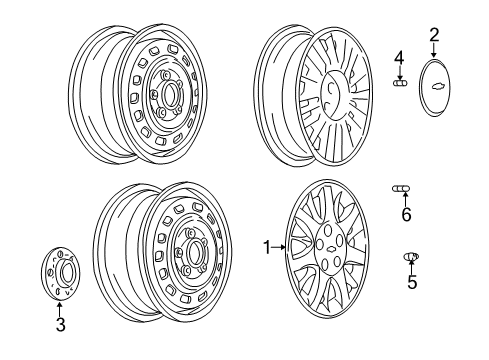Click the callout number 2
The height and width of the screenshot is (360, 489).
coord(433,36)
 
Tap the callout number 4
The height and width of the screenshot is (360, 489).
coord(399,58)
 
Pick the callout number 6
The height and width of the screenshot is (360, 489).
coord(406,214)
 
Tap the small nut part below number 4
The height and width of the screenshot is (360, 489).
coord(399,84)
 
